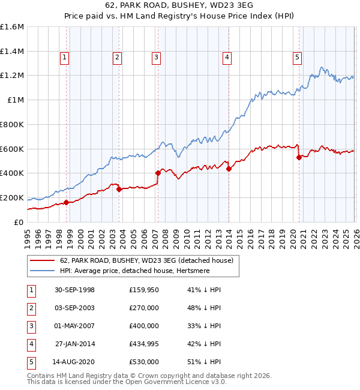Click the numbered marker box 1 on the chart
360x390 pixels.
point(64,58)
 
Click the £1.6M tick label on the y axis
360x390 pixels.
point(12,27)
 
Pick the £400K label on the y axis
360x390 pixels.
point(12,173)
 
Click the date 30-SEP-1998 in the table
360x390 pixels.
point(74,290)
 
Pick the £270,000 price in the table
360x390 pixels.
point(144,308)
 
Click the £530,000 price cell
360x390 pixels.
point(144,362)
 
